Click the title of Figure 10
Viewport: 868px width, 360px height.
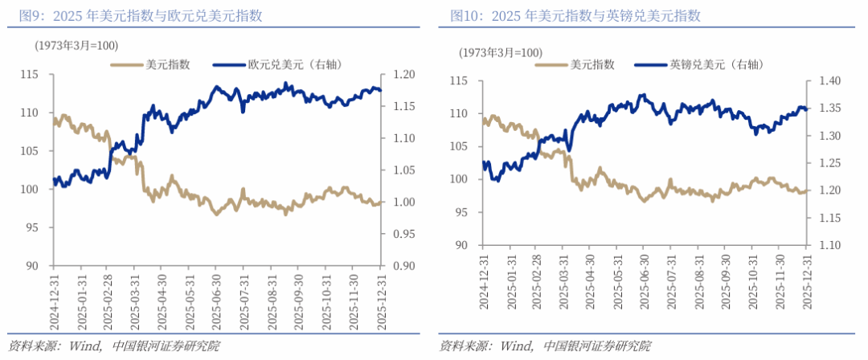(575, 15)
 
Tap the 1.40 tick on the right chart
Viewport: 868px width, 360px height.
(830, 81)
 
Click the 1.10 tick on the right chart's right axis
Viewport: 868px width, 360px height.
(830, 244)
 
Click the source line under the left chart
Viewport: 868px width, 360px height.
(113, 346)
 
